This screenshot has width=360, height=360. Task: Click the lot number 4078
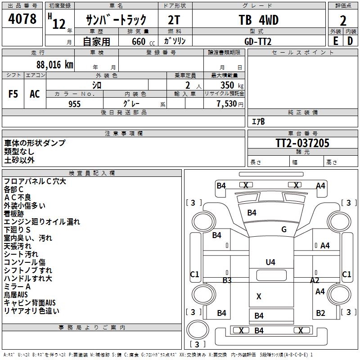22,19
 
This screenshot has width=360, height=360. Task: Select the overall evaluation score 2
343,20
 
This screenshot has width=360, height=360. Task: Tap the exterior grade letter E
335,40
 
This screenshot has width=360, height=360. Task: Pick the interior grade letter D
350,40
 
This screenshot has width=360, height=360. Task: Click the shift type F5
13,94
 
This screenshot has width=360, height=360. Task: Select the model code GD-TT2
258,40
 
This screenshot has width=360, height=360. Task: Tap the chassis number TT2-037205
302,143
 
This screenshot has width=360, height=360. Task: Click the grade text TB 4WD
258,20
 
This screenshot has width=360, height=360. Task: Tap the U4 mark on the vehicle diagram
270,262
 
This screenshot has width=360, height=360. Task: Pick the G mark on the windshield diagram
283,229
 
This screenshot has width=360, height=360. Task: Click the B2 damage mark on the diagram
320,313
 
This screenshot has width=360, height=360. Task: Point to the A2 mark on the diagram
315,280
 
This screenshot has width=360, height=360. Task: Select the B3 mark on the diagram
227,280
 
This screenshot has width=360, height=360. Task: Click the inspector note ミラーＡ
17,287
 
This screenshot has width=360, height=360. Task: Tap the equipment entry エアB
258,121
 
